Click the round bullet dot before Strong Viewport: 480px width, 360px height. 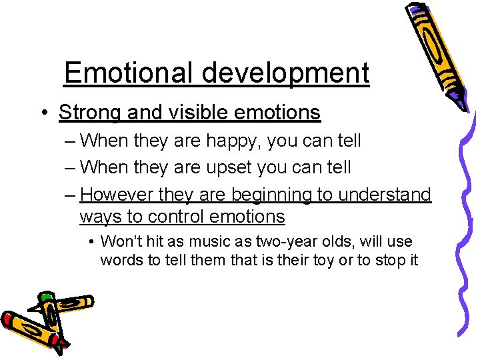[43, 113]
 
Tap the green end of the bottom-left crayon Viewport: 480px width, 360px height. [46, 297]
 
